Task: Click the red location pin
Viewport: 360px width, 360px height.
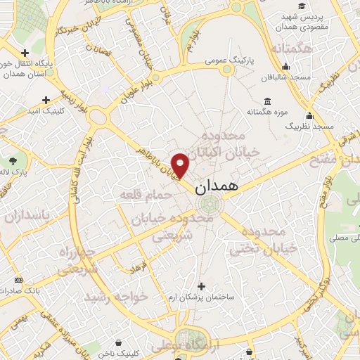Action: pos(181,165)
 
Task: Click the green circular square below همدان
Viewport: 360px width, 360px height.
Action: pos(208,205)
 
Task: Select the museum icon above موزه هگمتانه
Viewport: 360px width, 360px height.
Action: pos(267,101)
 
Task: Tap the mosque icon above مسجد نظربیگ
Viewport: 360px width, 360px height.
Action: pos(309,114)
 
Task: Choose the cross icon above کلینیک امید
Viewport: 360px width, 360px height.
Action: pos(46,99)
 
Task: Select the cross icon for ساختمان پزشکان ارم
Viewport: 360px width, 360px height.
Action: pos(202,286)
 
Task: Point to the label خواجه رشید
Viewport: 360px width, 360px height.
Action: pos(117,297)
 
